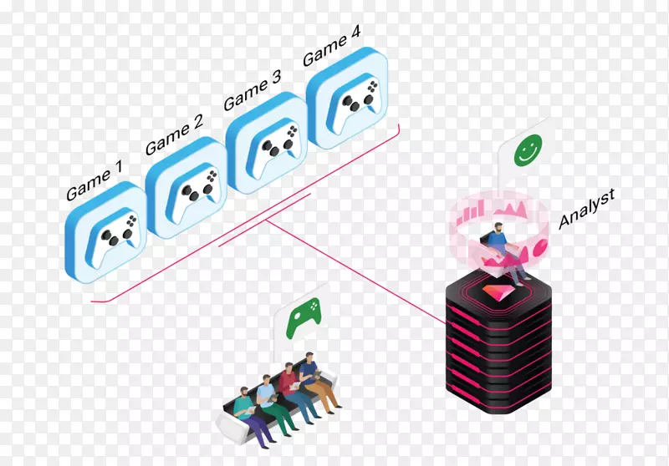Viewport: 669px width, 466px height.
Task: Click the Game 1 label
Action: coord(94,180)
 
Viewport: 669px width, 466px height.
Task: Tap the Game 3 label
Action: coord(252,91)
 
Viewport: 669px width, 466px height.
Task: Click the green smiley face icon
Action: coord(525,151)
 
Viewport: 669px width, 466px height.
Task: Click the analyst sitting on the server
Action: coord(503,246)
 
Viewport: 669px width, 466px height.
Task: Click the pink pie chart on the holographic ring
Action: coord(539,248)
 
